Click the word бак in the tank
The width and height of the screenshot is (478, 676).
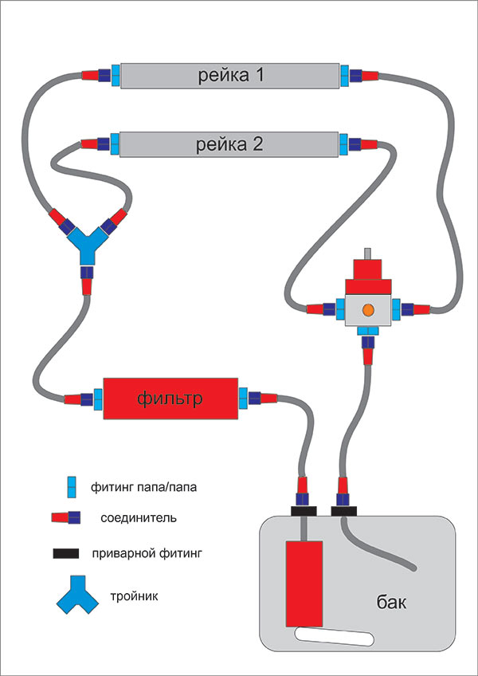tap(391, 602)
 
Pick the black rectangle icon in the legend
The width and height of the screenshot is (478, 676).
tap(68, 552)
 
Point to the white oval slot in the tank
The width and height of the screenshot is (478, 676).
tap(334, 636)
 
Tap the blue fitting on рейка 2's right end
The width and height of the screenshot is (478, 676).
tap(344, 145)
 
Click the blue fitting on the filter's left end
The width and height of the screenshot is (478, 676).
tap(99, 397)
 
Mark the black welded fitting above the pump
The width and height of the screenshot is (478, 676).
tap(304, 510)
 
